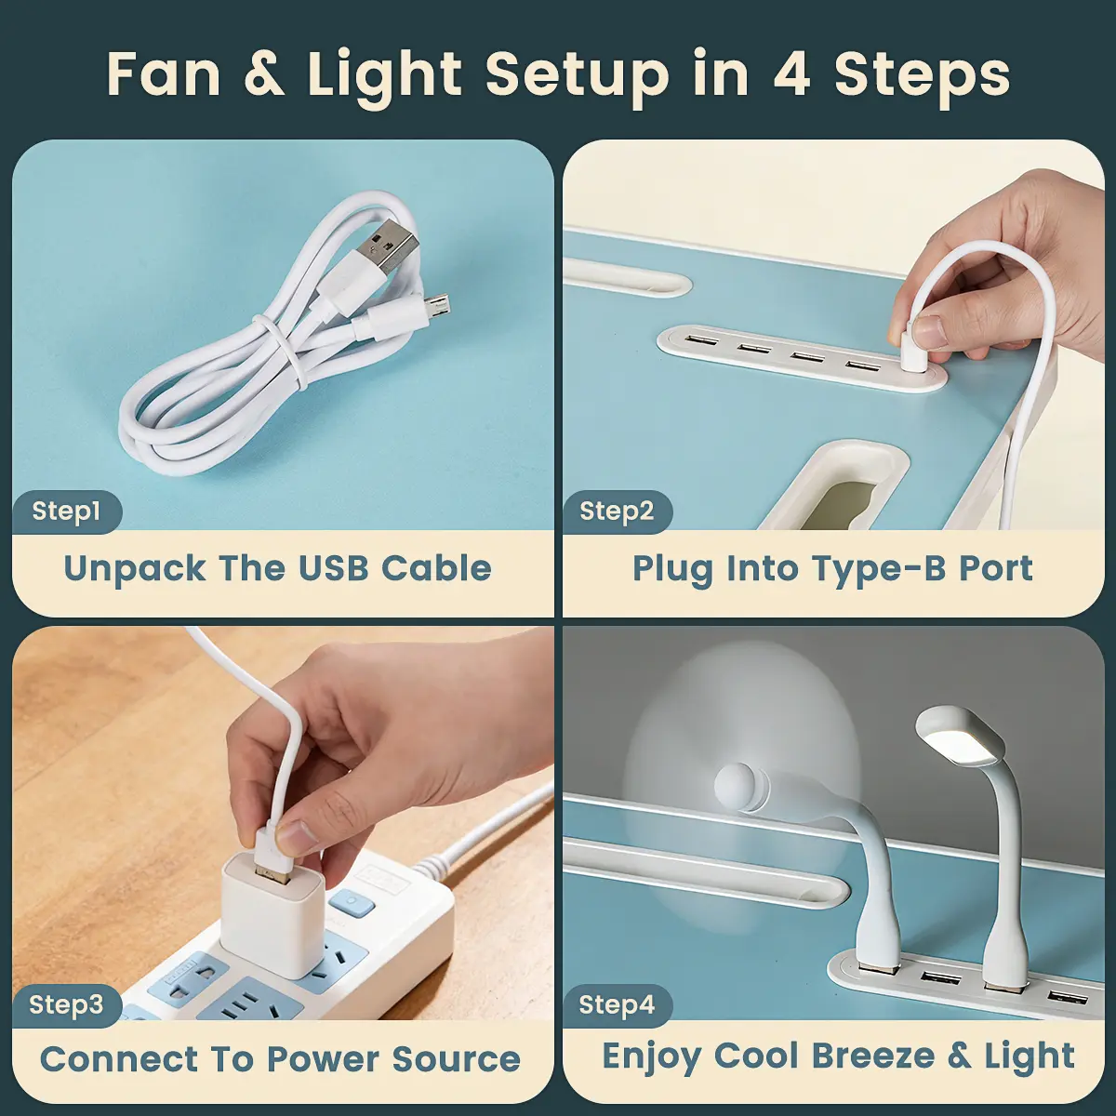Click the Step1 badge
coord(66,511)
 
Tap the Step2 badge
coord(617,511)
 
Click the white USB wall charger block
coord(271,917)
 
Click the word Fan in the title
coord(164,75)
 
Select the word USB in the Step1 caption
coord(334,568)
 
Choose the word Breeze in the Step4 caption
coord(873,1056)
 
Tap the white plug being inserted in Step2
coord(911,355)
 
